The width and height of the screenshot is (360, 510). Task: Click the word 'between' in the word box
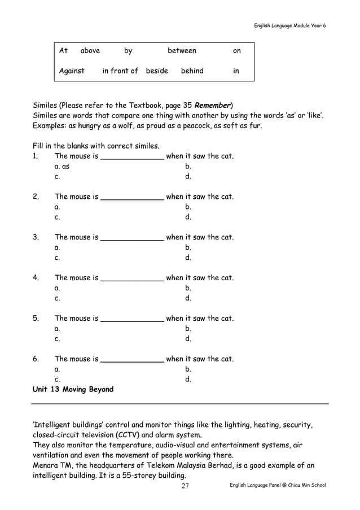pos(182,51)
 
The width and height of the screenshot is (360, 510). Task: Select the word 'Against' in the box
pos(72,71)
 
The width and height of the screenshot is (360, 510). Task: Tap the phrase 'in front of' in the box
pos(120,71)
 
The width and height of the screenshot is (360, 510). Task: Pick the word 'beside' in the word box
pos(157,71)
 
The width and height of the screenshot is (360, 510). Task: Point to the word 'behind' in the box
pos(192,71)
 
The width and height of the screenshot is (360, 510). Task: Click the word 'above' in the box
pos(90,51)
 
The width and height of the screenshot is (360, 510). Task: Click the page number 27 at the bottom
pos(185,487)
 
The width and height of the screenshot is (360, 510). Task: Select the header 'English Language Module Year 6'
pos(289,27)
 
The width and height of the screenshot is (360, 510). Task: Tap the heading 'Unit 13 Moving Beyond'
pos(73,390)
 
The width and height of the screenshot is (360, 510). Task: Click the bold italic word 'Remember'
pos(212,105)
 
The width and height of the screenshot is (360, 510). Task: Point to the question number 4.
pos(36,278)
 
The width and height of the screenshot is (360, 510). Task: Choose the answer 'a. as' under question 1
pos(62,167)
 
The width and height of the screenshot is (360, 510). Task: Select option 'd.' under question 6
pos(188,380)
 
